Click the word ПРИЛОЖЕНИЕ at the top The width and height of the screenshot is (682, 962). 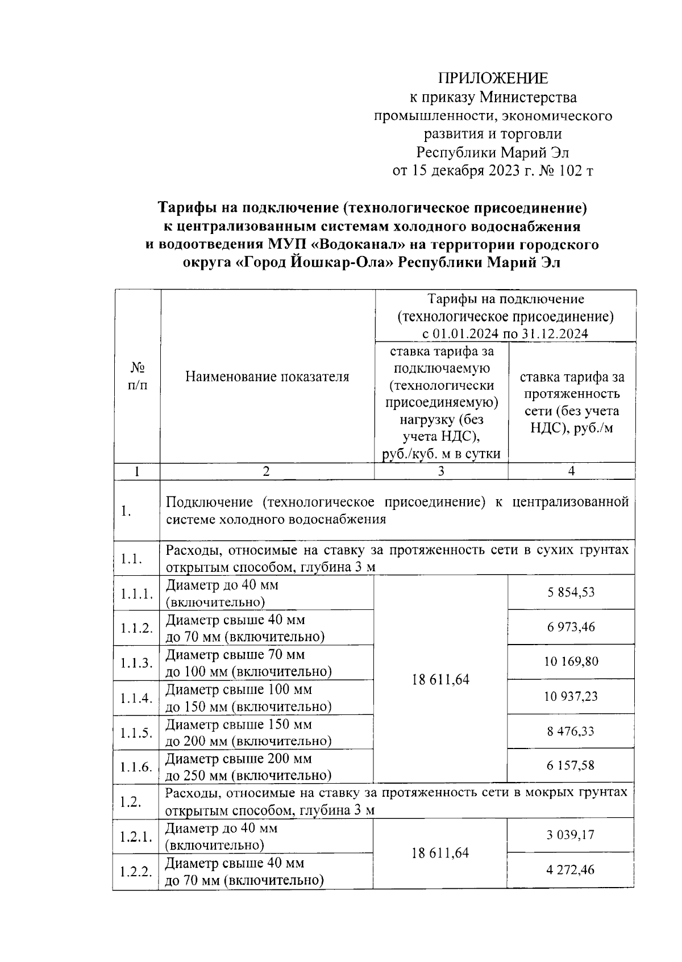pyautogui.click(x=493, y=78)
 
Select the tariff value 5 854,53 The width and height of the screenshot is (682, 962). pyautogui.click(x=571, y=592)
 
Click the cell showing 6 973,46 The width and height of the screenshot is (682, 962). pyautogui.click(x=571, y=627)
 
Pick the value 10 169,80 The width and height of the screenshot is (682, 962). pyautogui.click(x=571, y=662)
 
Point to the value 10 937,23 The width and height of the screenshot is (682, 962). pyautogui.click(x=571, y=696)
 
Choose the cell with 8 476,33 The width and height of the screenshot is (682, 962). pyautogui.click(x=571, y=731)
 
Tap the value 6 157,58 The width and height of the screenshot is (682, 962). pyautogui.click(x=571, y=766)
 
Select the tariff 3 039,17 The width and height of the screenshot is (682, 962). pyautogui.click(x=571, y=835)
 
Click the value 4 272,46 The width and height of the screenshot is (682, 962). pyautogui.click(x=571, y=869)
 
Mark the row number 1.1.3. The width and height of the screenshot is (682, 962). pyautogui.click(x=136, y=663)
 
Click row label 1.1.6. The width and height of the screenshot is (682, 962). pyautogui.click(x=136, y=767)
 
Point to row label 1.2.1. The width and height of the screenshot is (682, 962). pyautogui.click(x=136, y=836)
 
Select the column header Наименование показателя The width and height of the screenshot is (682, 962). pyautogui.click(x=268, y=377)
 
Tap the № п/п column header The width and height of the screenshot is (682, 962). pyautogui.click(x=136, y=377)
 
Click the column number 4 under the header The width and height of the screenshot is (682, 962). pyautogui.click(x=572, y=471)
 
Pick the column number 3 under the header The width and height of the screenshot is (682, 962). pyautogui.click(x=441, y=471)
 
